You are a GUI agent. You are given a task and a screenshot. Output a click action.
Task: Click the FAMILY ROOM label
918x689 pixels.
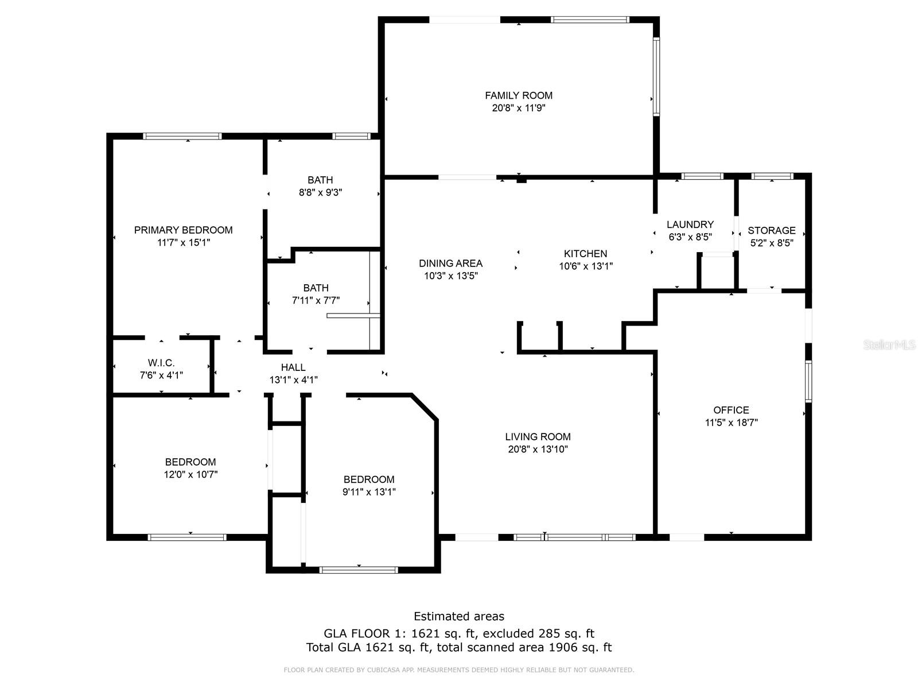pyautogui.click(x=519, y=95)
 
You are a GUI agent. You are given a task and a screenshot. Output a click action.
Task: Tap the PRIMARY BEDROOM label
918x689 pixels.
pyautogui.click(x=183, y=230)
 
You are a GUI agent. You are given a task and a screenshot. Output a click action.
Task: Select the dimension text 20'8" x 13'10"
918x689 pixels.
pyautogui.click(x=538, y=449)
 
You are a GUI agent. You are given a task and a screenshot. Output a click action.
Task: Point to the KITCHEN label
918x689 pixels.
pyautogui.click(x=586, y=254)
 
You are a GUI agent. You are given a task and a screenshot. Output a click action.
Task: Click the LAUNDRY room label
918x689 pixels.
pyautogui.click(x=690, y=224)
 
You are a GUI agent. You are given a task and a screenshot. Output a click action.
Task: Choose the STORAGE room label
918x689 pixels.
pyautogui.click(x=772, y=230)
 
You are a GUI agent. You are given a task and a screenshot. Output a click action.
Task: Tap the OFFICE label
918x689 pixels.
pyautogui.click(x=731, y=409)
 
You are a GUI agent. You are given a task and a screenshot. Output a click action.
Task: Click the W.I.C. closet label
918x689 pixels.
pyautogui.click(x=161, y=363)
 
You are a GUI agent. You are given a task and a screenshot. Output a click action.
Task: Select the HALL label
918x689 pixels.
pyautogui.click(x=293, y=367)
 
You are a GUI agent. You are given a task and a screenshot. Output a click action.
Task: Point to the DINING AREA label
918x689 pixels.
pyautogui.click(x=450, y=263)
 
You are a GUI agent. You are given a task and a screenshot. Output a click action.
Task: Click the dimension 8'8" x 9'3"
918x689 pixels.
pyautogui.click(x=320, y=192)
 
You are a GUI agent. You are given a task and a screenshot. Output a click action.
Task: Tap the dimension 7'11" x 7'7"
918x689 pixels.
pyautogui.click(x=316, y=300)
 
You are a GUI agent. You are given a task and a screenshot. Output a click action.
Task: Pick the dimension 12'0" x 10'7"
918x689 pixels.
pyautogui.click(x=190, y=474)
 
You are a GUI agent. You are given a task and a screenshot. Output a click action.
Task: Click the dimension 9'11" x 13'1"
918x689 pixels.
pyautogui.click(x=369, y=491)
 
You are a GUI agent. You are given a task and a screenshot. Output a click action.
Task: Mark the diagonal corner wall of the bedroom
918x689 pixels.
pyautogui.click(x=425, y=406)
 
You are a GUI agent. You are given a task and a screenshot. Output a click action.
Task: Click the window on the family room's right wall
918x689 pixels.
pyautogui.click(x=656, y=76)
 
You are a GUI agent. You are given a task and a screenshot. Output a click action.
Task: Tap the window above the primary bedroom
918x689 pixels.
pyautogui.click(x=182, y=136)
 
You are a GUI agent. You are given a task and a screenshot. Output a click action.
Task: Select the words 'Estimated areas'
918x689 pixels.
pyautogui.click(x=459, y=616)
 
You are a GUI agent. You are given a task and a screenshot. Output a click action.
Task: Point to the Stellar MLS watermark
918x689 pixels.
pyautogui.click(x=889, y=344)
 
